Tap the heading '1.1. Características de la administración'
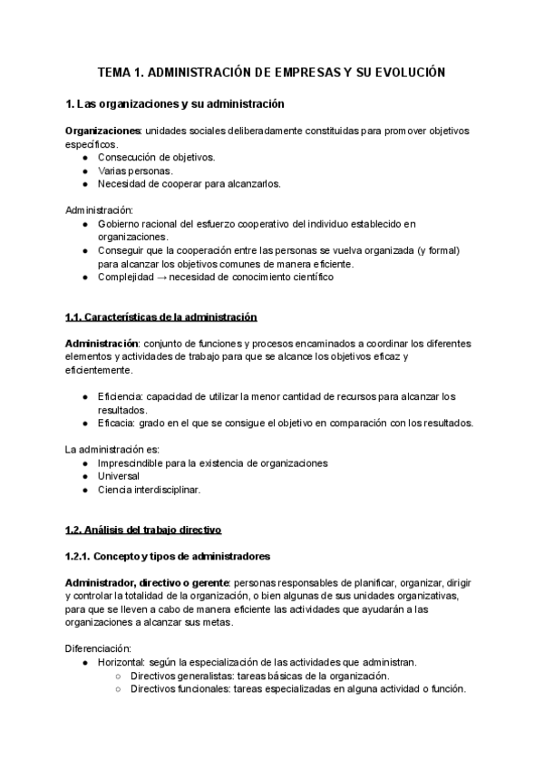click(x=161, y=317)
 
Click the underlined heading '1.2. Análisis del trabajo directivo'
click(x=143, y=530)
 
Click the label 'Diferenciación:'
click(x=99, y=648)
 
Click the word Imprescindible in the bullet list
click(x=134, y=463)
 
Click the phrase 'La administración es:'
click(x=112, y=450)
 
